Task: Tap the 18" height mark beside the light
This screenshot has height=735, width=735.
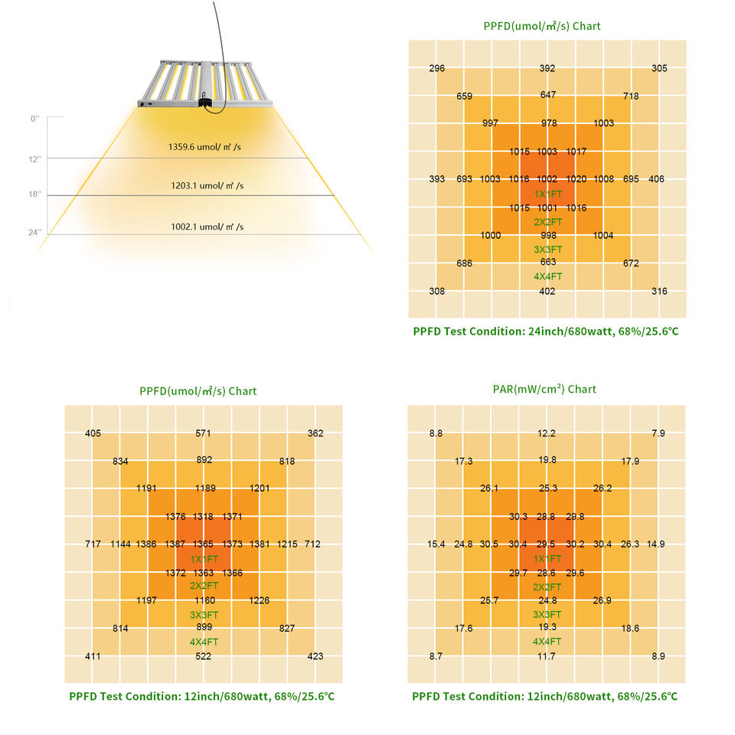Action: (34, 195)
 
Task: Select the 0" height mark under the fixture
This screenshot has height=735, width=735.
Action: (34, 119)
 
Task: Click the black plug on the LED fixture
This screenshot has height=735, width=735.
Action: (204, 101)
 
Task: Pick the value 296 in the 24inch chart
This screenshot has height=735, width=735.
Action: (437, 69)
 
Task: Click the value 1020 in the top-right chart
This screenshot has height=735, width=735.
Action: (577, 179)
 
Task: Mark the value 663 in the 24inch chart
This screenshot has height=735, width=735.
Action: (547, 263)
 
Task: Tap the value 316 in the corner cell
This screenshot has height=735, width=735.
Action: (658, 292)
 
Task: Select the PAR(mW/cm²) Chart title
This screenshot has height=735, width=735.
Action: (544, 389)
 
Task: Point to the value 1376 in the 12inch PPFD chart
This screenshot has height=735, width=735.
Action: (175, 517)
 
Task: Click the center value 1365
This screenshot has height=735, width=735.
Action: (203, 544)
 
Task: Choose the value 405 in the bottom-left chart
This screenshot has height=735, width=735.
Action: (93, 434)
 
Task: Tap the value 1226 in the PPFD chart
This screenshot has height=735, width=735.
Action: (260, 601)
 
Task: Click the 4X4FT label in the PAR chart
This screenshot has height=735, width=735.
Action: (547, 642)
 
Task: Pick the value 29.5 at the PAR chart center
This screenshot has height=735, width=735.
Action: (547, 544)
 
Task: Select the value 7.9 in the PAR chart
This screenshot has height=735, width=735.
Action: (658, 434)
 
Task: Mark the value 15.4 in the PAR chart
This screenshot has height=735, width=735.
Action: (436, 544)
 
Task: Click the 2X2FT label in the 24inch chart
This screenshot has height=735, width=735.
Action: (548, 222)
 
